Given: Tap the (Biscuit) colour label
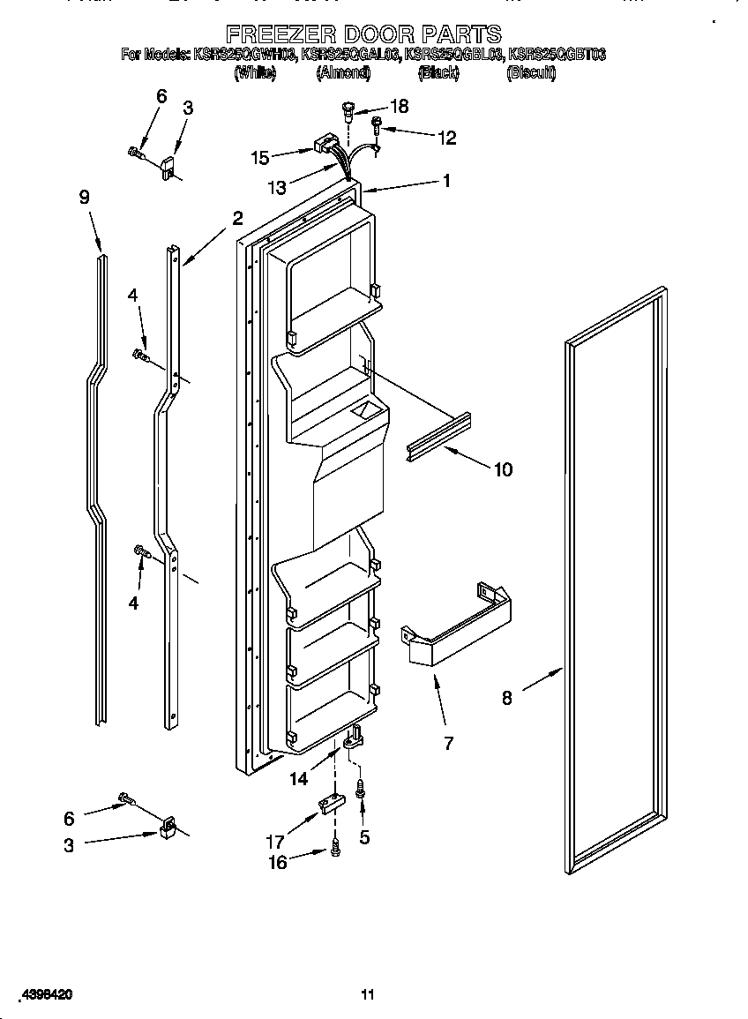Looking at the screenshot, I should point(531,74).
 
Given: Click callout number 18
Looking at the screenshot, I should point(399,106).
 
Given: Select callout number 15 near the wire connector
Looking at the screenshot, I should point(260,158).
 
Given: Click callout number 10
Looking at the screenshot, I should point(502,469).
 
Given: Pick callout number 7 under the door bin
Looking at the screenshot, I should point(448,743).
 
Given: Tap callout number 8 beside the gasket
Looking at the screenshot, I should point(506,697).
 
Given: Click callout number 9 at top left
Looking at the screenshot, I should point(85,197).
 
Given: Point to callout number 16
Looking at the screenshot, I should point(277,862).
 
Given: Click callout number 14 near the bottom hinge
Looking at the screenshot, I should point(299,778).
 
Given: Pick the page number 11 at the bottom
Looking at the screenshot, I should point(368,994).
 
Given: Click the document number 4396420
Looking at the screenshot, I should point(38,994).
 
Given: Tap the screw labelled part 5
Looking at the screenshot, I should point(361,790).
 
